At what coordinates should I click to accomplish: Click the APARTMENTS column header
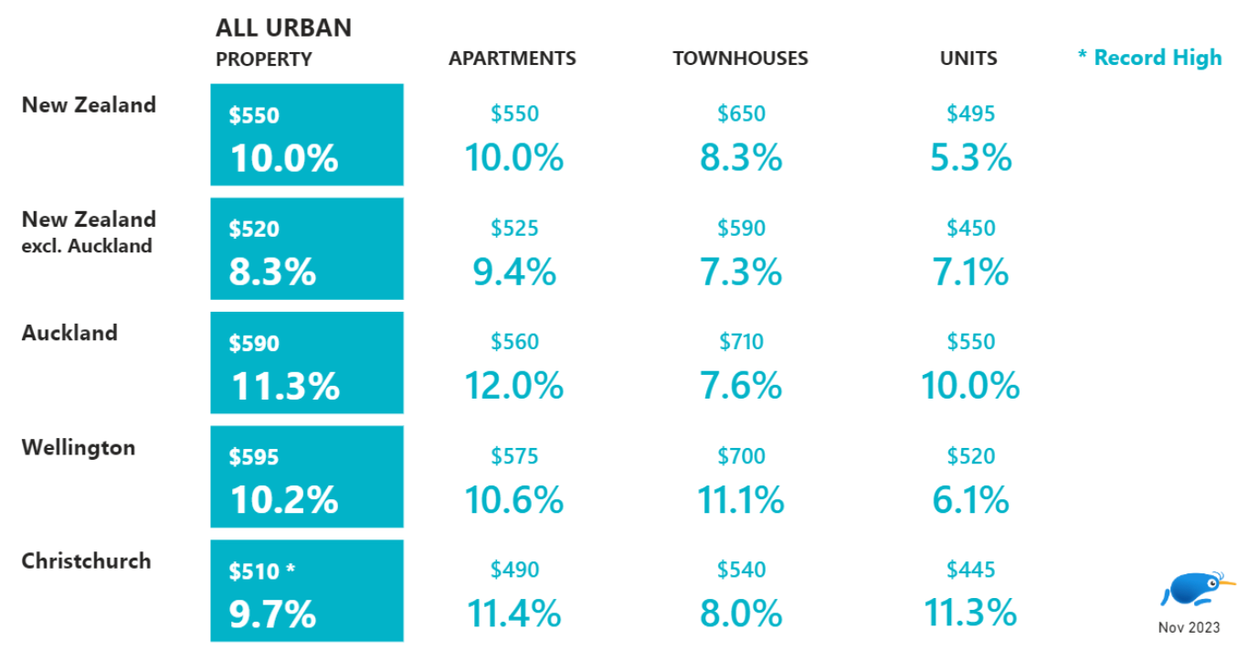[512, 59]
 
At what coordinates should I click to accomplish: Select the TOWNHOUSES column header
[740, 59]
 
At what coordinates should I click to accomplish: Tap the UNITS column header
[968, 59]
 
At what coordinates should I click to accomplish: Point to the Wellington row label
[79, 447]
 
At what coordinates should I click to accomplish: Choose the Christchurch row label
[86, 560]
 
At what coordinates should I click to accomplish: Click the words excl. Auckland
[87, 246]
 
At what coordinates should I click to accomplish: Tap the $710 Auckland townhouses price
[741, 342]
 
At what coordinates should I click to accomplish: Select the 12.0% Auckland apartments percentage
[513, 386]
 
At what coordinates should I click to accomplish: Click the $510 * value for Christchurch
[262, 571]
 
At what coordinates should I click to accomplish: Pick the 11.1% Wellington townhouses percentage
[741, 500]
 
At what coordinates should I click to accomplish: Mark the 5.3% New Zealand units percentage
[970, 158]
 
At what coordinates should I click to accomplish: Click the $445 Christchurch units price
[970, 571]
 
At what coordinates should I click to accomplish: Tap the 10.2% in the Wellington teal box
[284, 500]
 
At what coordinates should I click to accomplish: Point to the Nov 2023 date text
[1188, 628]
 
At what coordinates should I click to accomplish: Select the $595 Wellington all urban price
[254, 457]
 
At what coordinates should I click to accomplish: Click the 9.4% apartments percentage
[513, 272]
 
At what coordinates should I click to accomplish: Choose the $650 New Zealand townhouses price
[741, 114]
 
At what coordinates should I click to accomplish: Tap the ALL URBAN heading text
[283, 27]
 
